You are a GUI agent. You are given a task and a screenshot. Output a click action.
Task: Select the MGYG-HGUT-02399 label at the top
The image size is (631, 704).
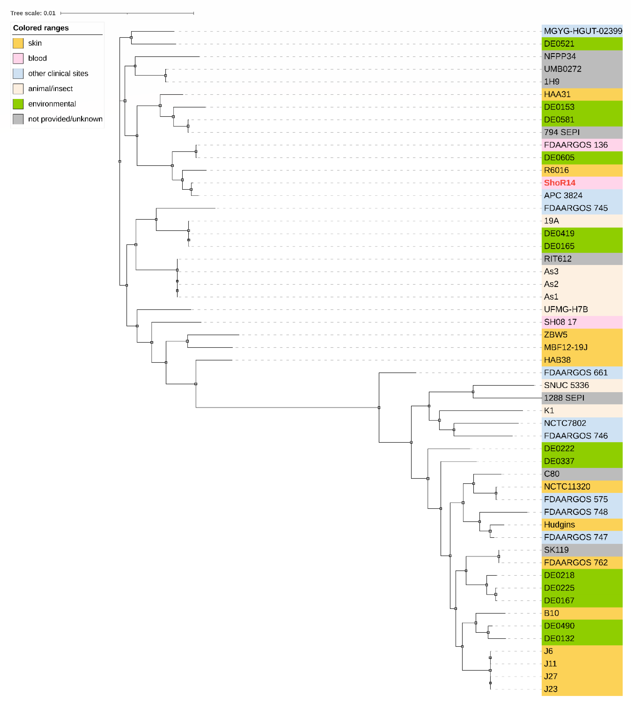[582, 31]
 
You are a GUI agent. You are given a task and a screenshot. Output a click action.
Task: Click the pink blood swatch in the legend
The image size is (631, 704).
[18, 58]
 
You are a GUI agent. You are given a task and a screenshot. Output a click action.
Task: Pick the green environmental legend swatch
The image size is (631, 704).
[18, 104]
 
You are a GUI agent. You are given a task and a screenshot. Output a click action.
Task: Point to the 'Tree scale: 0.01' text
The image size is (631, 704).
[33, 13]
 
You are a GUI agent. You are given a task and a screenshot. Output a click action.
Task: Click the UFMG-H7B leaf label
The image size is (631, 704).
[566, 309]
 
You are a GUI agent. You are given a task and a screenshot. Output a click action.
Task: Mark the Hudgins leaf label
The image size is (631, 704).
[559, 525]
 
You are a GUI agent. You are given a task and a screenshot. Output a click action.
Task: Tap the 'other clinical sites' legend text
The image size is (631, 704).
[58, 73]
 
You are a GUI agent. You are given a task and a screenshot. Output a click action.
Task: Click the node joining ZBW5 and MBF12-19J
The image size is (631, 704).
[187, 341]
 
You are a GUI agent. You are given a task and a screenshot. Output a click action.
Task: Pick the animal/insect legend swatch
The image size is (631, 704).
[18, 89]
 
